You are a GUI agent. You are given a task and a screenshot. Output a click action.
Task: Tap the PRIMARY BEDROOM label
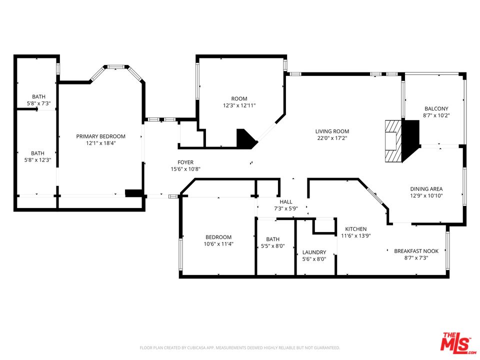pyautogui.click(x=100, y=136)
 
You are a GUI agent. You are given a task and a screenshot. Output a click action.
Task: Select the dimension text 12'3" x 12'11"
pyautogui.click(x=239, y=105)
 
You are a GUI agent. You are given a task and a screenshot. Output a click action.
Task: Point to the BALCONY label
pyautogui.click(x=436, y=108)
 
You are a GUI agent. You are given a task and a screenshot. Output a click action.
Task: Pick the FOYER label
pyautogui.click(x=185, y=162)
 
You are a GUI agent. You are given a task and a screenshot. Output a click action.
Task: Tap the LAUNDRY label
pyautogui.click(x=314, y=252)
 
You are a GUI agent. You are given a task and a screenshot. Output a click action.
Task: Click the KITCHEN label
pyautogui.click(x=355, y=229)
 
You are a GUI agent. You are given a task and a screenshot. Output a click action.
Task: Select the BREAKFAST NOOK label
pyautogui.click(x=416, y=251)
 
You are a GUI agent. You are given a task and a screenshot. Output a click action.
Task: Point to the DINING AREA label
pyautogui.click(x=426, y=188)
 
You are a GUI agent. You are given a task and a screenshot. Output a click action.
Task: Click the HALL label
pyautogui.click(x=285, y=201)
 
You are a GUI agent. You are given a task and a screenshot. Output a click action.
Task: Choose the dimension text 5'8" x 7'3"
pyautogui.click(x=38, y=103)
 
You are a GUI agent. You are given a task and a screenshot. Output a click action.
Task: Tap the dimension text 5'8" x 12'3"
pyautogui.click(x=38, y=160)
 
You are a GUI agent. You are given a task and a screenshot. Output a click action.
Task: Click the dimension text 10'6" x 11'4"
pyautogui.click(x=218, y=244)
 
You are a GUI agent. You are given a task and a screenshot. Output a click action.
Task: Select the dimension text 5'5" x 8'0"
pyautogui.click(x=272, y=246)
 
